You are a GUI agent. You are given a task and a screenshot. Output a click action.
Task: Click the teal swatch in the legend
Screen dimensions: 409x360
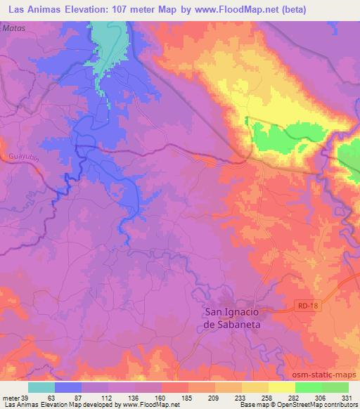(x=41, y=387)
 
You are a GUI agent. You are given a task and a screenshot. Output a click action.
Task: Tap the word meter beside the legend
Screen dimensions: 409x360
(x=10, y=397)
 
